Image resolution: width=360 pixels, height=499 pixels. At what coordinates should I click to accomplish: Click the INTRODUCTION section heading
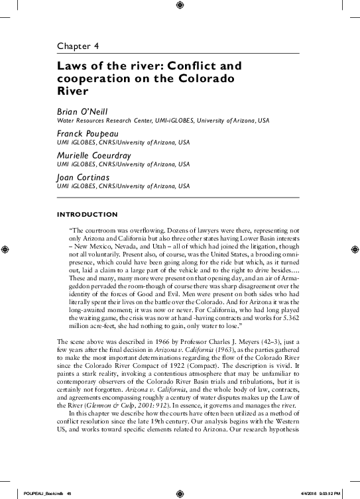[x=88, y=214]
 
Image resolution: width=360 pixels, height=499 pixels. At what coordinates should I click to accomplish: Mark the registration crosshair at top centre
[x=180, y=6]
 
